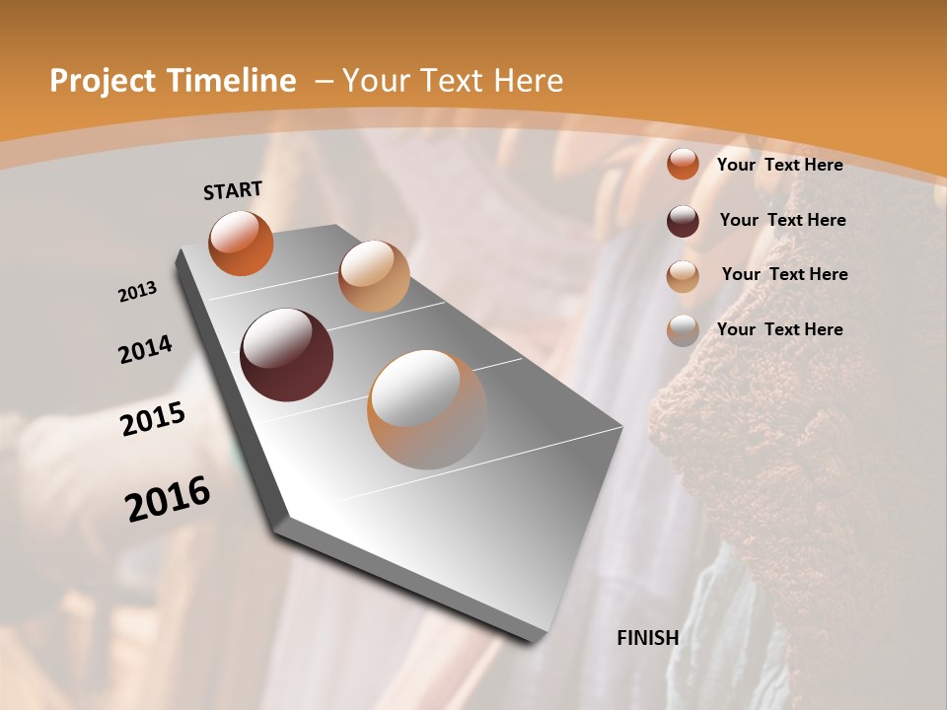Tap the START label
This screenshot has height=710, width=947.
click(x=233, y=190)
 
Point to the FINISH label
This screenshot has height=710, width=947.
click(x=648, y=638)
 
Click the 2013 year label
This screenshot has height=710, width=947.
click(x=138, y=292)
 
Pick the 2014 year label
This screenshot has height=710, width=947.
click(x=146, y=349)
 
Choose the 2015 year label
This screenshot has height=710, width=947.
click(x=153, y=419)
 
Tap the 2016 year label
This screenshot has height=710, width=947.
click(x=168, y=499)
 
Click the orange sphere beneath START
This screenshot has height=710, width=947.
click(x=241, y=243)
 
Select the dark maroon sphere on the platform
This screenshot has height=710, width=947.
click(x=287, y=355)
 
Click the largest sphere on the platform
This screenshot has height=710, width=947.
click(x=427, y=409)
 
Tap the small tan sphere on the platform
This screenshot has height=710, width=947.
click(x=374, y=276)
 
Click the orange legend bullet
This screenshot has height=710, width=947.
click(x=683, y=164)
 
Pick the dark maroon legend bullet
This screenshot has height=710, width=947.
click(x=683, y=221)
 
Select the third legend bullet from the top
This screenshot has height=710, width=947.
click(x=683, y=276)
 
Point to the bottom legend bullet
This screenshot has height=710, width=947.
click(x=683, y=330)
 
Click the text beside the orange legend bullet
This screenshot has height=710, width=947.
click(x=779, y=165)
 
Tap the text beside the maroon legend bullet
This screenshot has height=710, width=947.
click(x=782, y=220)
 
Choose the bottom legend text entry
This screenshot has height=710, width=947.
click(x=779, y=329)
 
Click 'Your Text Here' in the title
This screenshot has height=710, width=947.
click(x=453, y=81)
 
